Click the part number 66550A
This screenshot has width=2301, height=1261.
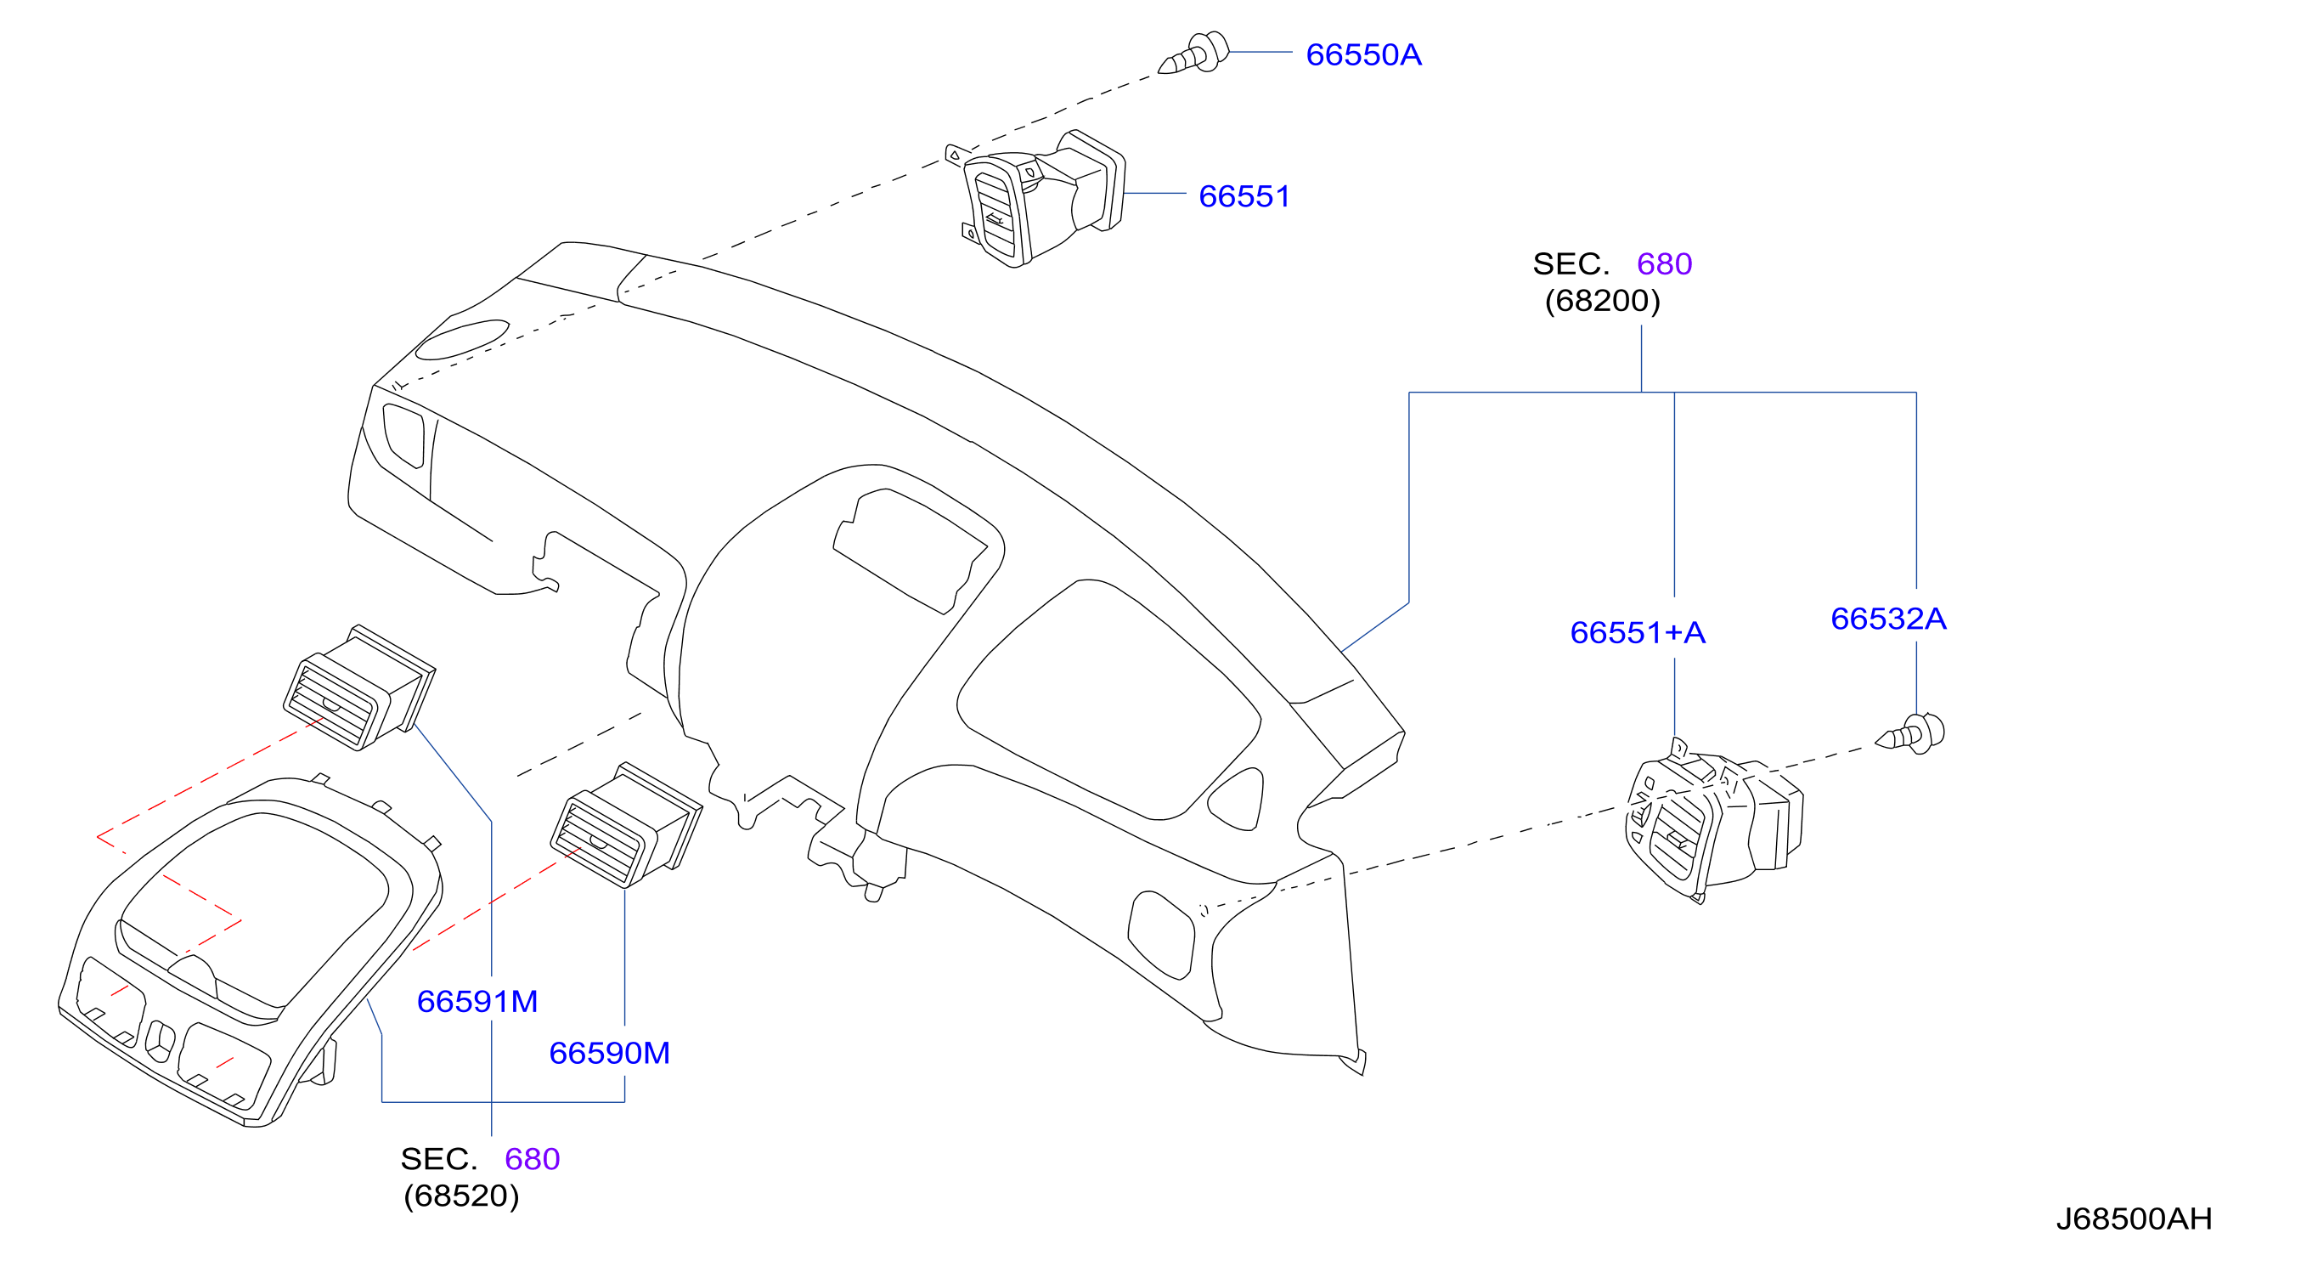[x=1363, y=54]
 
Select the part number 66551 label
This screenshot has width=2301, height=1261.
[x=1244, y=196]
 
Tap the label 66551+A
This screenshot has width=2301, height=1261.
[x=1638, y=633]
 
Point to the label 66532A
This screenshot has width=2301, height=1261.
[x=1888, y=619]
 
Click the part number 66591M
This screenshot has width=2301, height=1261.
[x=477, y=1002]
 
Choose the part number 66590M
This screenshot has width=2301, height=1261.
[x=609, y=1054]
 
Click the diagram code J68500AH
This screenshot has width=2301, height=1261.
[x=2134, y=1219]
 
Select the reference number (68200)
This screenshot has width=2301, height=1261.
[x=1603, y=301]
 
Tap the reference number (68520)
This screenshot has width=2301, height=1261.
[x=461, y=1196]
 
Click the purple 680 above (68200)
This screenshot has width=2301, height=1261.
[x=1664, y=264]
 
